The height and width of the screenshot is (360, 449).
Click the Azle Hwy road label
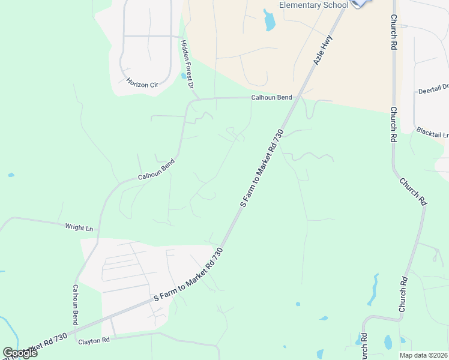(x=322, y=50)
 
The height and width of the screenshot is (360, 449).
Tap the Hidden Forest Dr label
(x=187, y=65)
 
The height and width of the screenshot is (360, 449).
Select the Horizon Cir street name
(x=142, y=83)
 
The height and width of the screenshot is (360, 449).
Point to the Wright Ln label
(x=80, y=227)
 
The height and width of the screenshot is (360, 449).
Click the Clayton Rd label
(x=94, y=341)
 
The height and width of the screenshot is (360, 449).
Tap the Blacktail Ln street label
(x=432, y=131)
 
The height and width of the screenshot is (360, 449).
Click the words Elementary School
(x=314, y=5)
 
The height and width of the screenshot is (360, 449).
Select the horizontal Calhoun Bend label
(x=271, y=97)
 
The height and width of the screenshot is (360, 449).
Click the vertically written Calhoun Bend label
(x=76, y=304)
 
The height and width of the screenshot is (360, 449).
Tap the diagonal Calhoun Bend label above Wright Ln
(x=156, y=169)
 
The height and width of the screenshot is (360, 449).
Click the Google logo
(x=20, y=352)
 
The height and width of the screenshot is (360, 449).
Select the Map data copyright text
(x=423, y=355)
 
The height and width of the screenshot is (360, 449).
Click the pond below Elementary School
(x=269, y=20)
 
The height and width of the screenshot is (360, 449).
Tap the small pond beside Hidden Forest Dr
(x=183, y=76)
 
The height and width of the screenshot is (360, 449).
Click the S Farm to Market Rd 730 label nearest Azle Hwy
(x=261, y=167)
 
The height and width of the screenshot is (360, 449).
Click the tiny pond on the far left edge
(x=11, y=175)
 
